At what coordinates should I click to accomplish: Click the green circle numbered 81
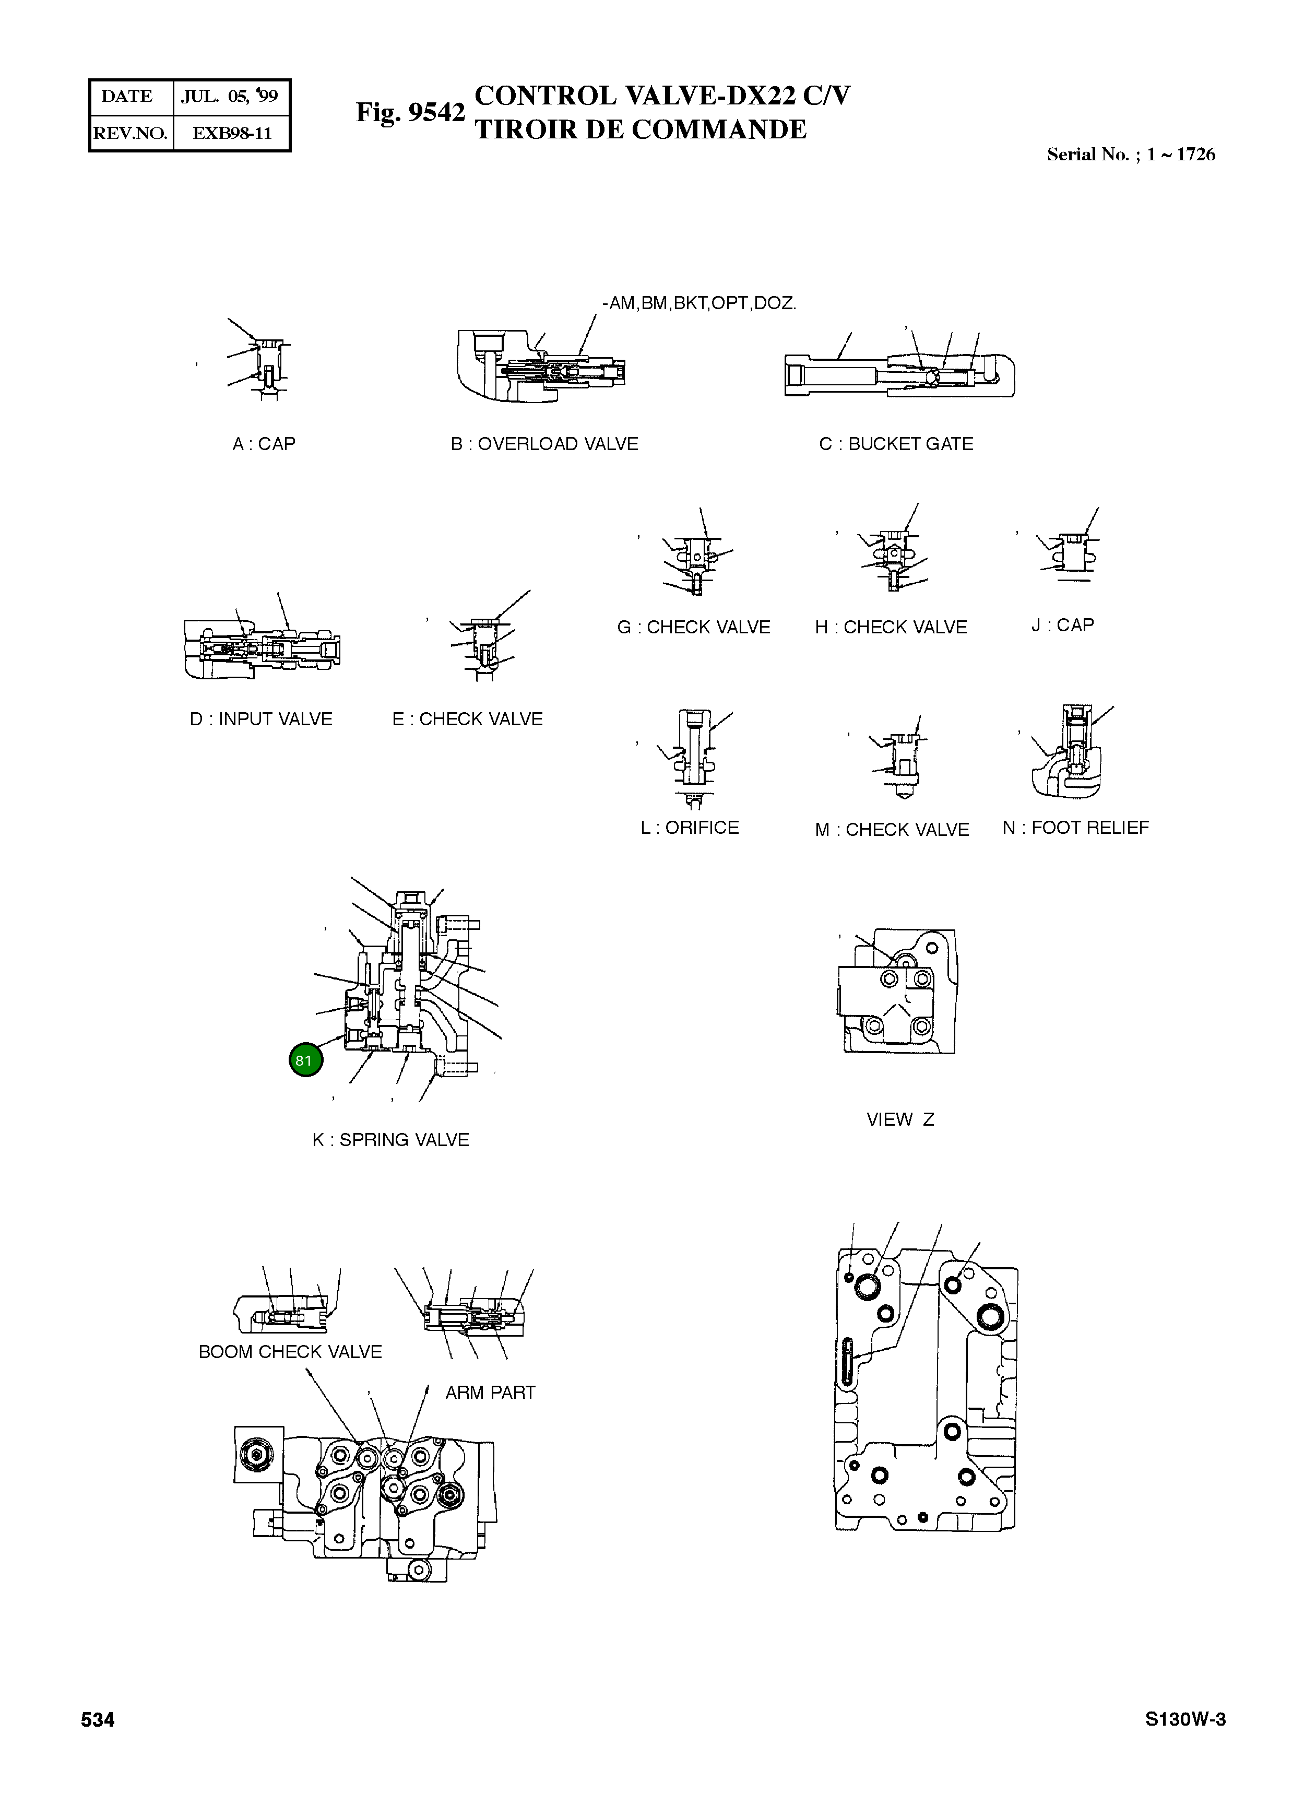[x=305, y=1059]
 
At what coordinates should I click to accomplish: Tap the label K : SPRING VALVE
[x=390, y=1140]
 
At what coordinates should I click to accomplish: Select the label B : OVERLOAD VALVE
[x=544, y=444]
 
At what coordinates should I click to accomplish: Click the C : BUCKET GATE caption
[x=896, y=444]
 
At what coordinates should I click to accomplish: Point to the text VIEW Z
[x=900, y=1119]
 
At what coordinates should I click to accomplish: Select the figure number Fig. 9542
[x=410, y=112]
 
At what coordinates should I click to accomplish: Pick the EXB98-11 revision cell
[x=232, y=133]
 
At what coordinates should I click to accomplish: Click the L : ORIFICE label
[x=690, y=828]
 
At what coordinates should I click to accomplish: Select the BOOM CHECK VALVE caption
[x=290, y=1351]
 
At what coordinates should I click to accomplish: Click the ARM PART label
[x=490, y=1393]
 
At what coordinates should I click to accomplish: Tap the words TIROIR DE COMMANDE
[x=641, y=129]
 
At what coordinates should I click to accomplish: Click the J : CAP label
[x=1062, y=625]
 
